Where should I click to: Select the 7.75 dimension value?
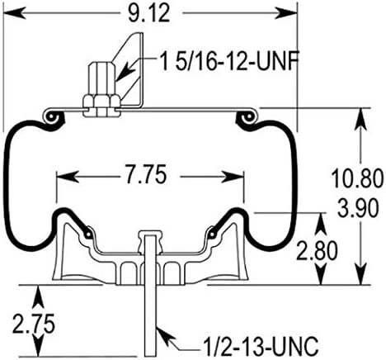coord(150,175)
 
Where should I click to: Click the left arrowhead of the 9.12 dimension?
coord(10,13)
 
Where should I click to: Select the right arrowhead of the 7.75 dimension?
coord(240,175)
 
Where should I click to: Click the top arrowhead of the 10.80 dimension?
coord(360,113)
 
